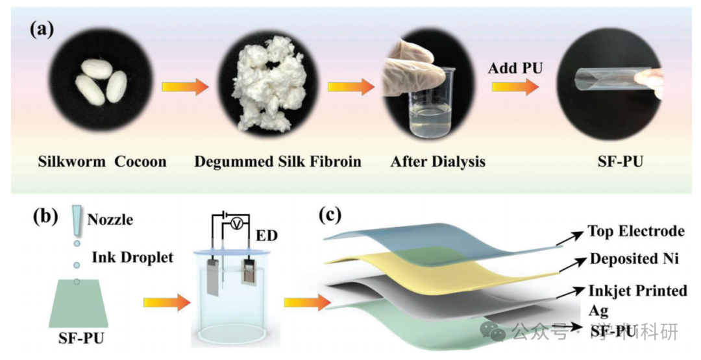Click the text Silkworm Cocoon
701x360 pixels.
pyautogui.click(x=102, y=162)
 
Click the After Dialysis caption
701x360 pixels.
pyautogui.click(x=437, y=162)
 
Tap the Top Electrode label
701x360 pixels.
pyautogui.click(x=636, y=231)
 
